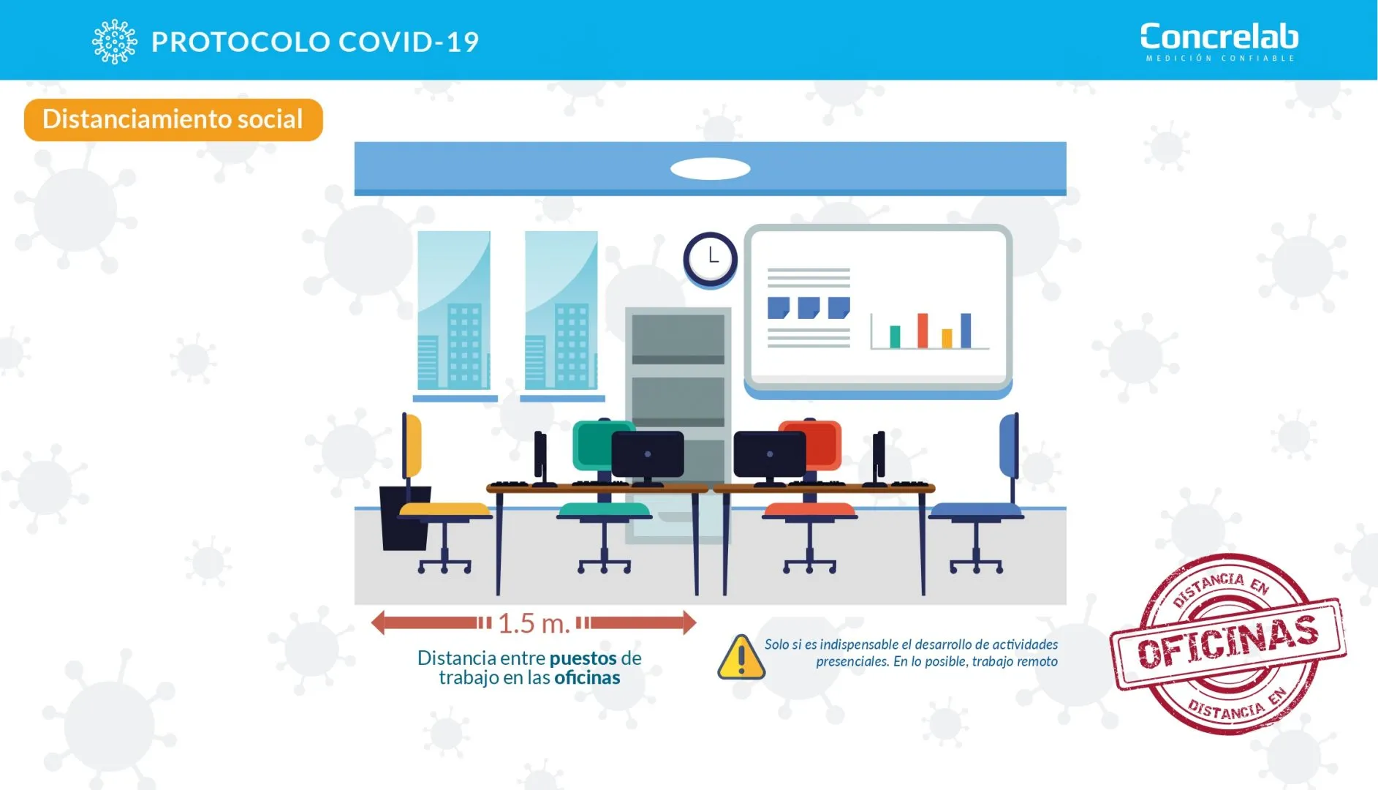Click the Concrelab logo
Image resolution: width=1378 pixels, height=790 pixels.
[x=1219, y=42]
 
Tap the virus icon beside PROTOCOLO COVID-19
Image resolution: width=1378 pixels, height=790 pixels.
[x=114, y=42]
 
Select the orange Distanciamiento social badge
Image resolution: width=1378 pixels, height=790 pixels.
[x=173, y=119]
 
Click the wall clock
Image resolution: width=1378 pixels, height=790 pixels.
[x=711, y=259]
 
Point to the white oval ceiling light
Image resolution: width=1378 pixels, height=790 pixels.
[x=711, y=169]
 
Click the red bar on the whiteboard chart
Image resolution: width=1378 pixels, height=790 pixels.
[x=923, y=331]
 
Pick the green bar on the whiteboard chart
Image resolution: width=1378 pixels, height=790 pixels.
[x=895, y=337]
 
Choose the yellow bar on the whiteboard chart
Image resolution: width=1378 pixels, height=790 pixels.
[x=947, y=339]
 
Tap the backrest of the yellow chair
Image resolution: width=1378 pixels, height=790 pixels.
[x=412, y=445]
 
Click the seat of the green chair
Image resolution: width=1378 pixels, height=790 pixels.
[x=604, y=510]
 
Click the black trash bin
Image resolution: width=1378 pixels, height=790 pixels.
[x=405, y=518]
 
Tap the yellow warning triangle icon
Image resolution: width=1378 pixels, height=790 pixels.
[x=741, y=657]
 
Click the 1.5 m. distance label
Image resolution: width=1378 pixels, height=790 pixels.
[x=534, y=623]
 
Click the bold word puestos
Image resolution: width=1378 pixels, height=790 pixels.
[x=583, y=658]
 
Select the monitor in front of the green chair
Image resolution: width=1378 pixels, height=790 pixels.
[x=648, y=455]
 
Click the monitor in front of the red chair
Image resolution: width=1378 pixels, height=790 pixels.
[x=770, y=455]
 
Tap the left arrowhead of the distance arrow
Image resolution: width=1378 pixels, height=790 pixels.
[x=377, y=623]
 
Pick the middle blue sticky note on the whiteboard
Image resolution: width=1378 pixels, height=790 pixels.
[x=809, y=307]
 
